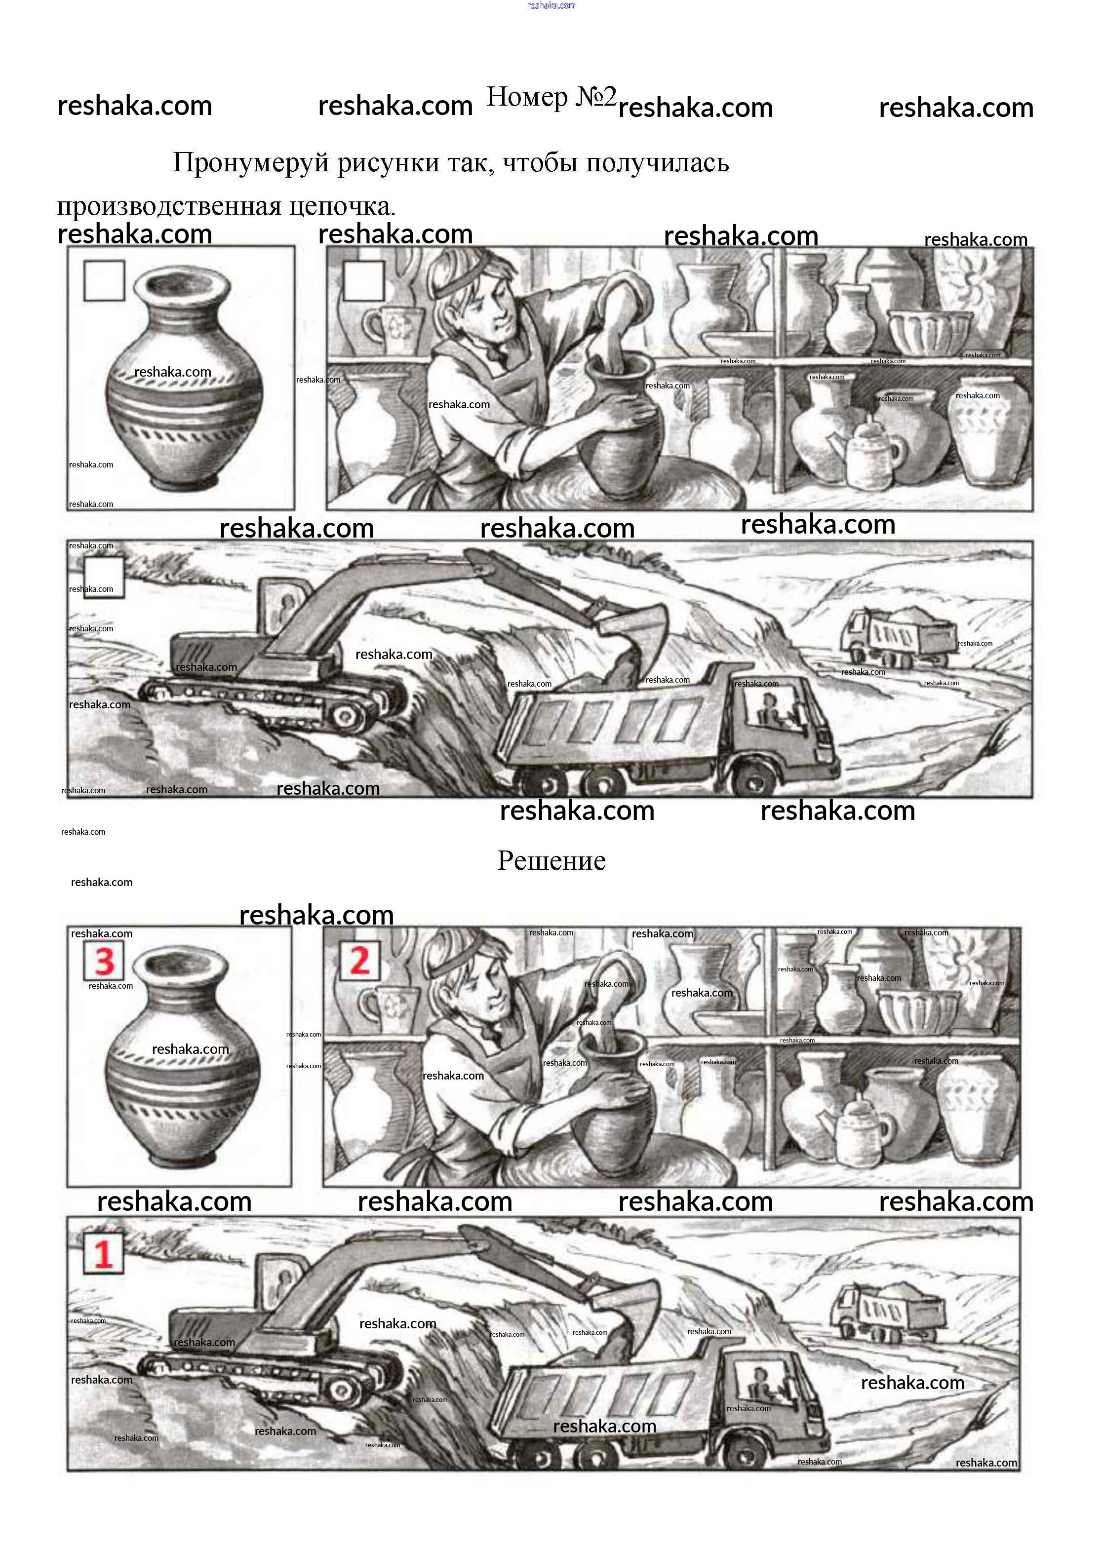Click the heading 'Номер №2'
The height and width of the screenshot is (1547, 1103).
(551, 97)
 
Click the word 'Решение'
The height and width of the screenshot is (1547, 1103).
(551, 861)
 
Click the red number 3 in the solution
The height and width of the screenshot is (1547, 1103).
(104, 962)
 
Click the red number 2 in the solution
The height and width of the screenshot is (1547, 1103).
(359, 961)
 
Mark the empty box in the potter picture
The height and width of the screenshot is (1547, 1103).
(364, 280)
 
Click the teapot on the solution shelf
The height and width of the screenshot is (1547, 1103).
(861, 1131)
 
